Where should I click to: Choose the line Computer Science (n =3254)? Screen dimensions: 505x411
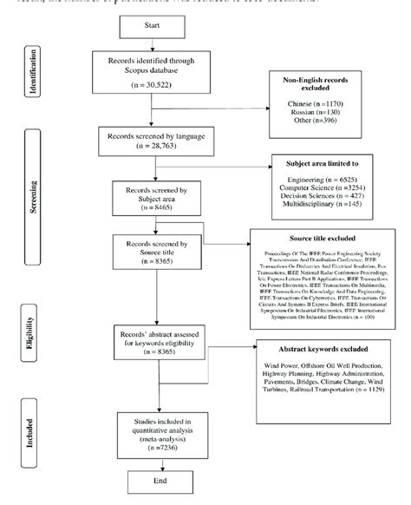pos(327,187)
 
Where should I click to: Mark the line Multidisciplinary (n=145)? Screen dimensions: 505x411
pos(327,206)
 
